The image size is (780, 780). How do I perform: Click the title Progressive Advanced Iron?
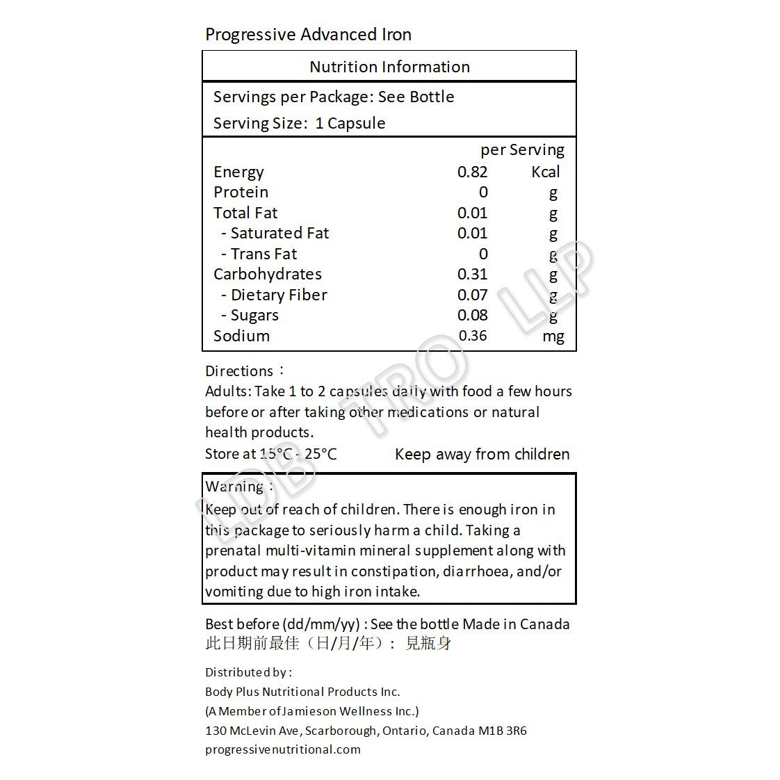coord(308,35)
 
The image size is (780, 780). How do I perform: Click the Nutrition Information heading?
coord(389,67)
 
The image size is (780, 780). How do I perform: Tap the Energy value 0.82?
coord(472,172)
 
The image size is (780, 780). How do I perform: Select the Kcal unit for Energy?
coord(545,172)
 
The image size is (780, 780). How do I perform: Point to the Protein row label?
coord(241,193)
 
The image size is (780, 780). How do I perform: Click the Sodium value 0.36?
coord(473,336)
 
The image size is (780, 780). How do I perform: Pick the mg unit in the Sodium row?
coord(553,336)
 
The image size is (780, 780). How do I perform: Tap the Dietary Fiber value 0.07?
coord(472,295)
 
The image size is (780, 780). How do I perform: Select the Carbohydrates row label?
coord(267,275)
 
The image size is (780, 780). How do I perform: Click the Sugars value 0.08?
coord(472,315)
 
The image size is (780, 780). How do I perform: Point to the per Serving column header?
coord(522,150)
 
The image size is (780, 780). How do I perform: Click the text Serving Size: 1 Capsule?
coord(299,124)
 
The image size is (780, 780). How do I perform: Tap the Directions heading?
coord(239,371)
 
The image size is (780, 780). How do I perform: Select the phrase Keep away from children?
coord(482,455)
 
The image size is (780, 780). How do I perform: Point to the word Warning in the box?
coord(234,487)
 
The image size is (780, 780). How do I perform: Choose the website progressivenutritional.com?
coord(283,749)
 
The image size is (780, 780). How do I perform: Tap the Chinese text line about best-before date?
coord(328,644)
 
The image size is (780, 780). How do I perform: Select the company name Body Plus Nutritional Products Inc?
coord(302,692)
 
